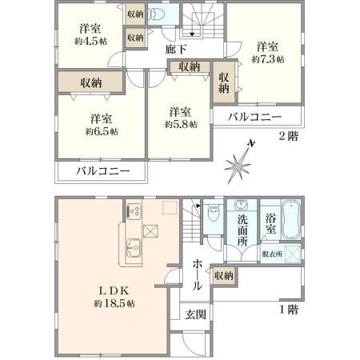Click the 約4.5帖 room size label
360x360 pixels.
tap(91, 42)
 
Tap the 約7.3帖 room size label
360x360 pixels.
tap(268, 59)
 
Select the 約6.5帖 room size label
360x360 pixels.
tap(102, 131)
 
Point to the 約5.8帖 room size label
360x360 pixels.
tap(181, 124)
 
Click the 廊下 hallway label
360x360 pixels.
tap(176, 50)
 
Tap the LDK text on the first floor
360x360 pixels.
tap(114, 290)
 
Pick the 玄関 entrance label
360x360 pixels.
tap(196, 314)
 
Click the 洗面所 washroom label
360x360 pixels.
tap(242, 230)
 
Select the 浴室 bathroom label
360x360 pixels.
tap(270, 224)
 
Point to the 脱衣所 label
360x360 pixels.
tap(272, 254)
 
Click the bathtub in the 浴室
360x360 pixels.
tap(291, 220)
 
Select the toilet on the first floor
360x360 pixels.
tap(214, 214)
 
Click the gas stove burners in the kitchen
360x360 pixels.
tap(134, 211)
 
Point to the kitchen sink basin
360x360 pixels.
tap(134, 248)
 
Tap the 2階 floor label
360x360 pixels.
tap(288, 137)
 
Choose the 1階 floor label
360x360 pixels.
tap(289, 310)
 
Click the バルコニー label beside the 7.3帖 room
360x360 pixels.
tap(254, 117)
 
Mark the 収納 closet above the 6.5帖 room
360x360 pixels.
tap(91, 83)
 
